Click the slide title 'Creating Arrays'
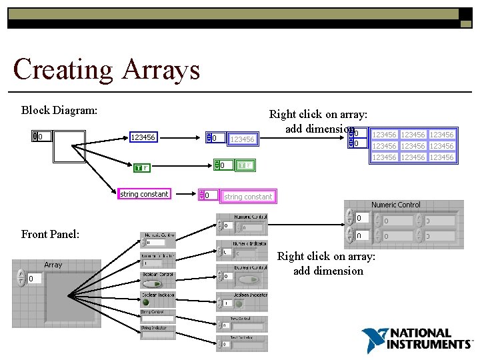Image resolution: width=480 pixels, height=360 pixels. pos(106,69)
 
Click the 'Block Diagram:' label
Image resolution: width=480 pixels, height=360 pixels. pos(60,110)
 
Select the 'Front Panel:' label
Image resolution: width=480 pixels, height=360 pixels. pos(51,234)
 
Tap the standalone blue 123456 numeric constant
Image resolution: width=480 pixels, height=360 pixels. pos(143,137)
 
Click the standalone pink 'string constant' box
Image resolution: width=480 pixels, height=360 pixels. pos(144,194)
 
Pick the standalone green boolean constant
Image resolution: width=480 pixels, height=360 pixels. pos(142,168)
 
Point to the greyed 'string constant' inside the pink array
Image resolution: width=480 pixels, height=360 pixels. pos(248,197)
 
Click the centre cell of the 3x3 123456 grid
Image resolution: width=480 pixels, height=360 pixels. pos(413,146)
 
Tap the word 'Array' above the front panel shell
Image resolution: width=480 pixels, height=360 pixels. pos(53,265)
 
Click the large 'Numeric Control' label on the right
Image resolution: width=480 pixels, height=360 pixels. pos(396,205)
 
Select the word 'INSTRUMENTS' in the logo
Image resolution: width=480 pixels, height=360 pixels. pos(429,344)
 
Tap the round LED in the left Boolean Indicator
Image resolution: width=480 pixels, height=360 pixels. pos(147,302)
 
